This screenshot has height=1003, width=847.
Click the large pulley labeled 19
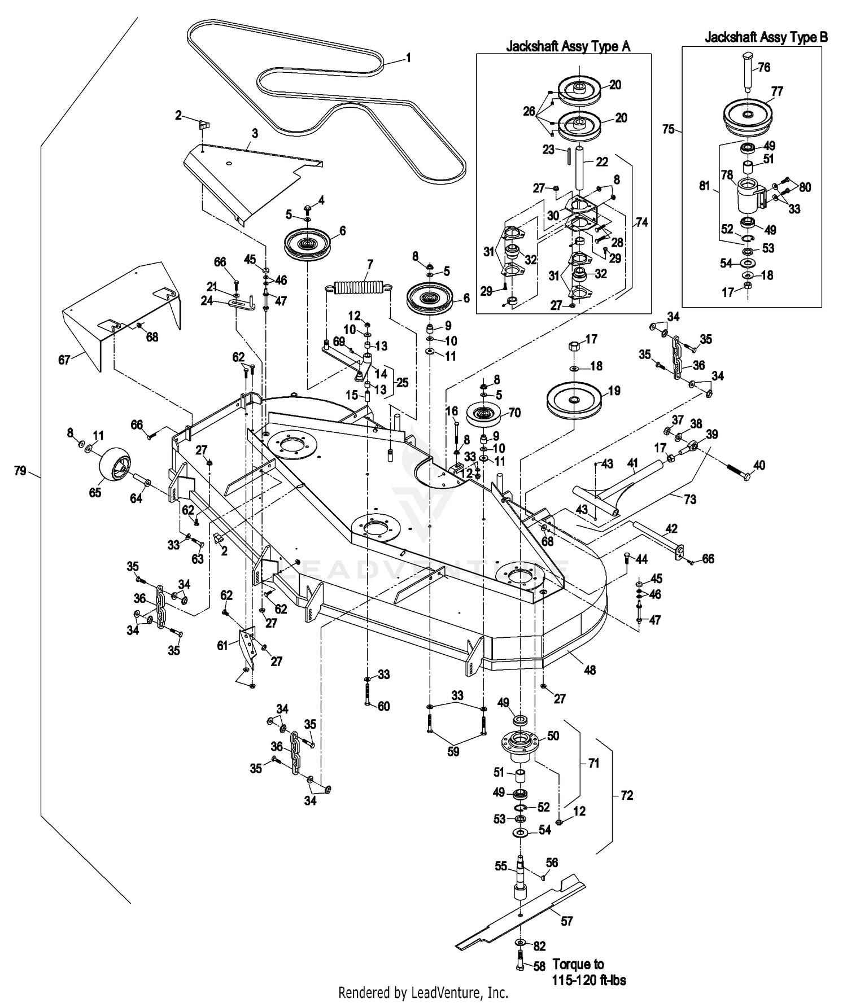coord(575,401)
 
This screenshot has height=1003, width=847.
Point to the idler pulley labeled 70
coord(484,417)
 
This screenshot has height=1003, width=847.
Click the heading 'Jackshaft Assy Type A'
coord(567,46)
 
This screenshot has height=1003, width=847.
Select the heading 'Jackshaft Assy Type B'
coord(766,37)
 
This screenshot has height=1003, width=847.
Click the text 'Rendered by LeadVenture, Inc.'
coord(423,992)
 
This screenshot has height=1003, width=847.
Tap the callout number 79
coord(20,470)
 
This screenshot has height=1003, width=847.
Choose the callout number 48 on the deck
coord(590,670)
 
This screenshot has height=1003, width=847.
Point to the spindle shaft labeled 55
coord(519,881)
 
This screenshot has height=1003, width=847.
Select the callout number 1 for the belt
coord(408,58)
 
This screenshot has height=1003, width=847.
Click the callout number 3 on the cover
coord(255,133)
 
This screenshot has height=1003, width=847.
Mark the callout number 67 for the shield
coord(64,359)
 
